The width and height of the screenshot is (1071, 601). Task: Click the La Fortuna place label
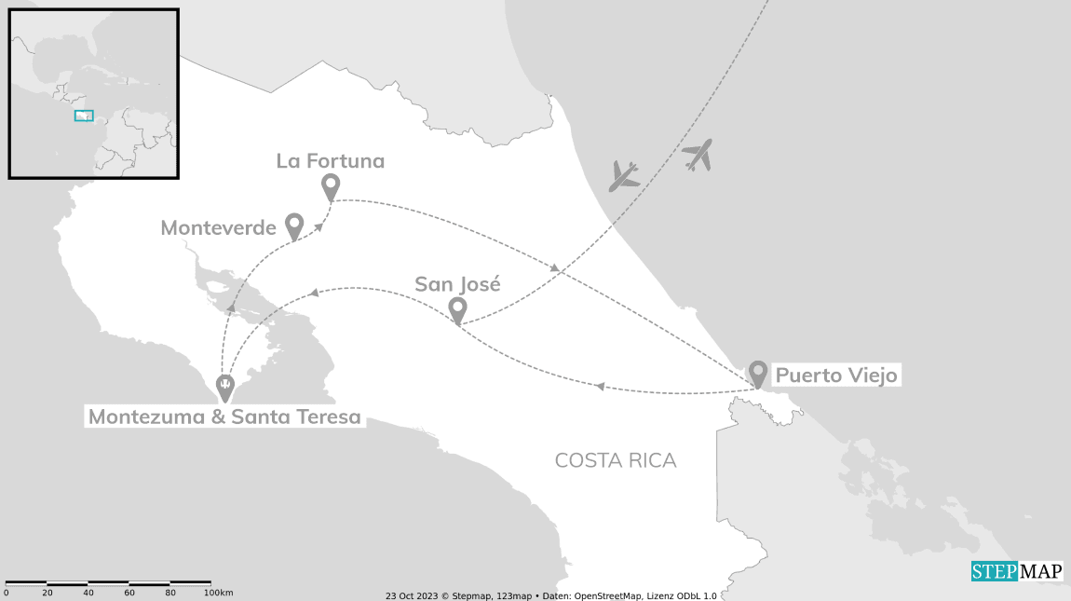tap(331, 161)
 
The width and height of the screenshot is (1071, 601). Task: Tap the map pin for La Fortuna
tap(330, 186)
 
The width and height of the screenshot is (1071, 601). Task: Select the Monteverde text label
tap(218, 228)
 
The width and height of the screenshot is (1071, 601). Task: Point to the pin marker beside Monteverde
tap(294, 225)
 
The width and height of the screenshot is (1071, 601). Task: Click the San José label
tap(457, 284)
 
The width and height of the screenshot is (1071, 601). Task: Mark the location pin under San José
tap(457, 309)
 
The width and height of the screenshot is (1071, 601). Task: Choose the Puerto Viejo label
tap(836, 376)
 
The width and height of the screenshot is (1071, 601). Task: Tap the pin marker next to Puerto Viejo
tap(758, 373)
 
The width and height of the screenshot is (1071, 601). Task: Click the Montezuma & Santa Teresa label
tap(224, 417)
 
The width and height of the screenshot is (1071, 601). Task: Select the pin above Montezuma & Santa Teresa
tap(224, 386)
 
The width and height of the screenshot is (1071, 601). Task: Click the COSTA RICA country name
tap(616, 460)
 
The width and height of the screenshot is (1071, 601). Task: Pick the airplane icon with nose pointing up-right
tap(697, 155)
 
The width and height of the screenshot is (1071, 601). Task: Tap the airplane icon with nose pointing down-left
tap(624, 175)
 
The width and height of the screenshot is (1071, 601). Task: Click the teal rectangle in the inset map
tap(84, 116)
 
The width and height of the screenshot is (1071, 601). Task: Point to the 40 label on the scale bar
tap(88, 593)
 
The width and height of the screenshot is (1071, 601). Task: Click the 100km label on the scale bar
tap(218, 593)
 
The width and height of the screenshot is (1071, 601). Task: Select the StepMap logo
tap(1016, 571)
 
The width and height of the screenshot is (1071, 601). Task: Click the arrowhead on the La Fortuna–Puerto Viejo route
tap(555, 268)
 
